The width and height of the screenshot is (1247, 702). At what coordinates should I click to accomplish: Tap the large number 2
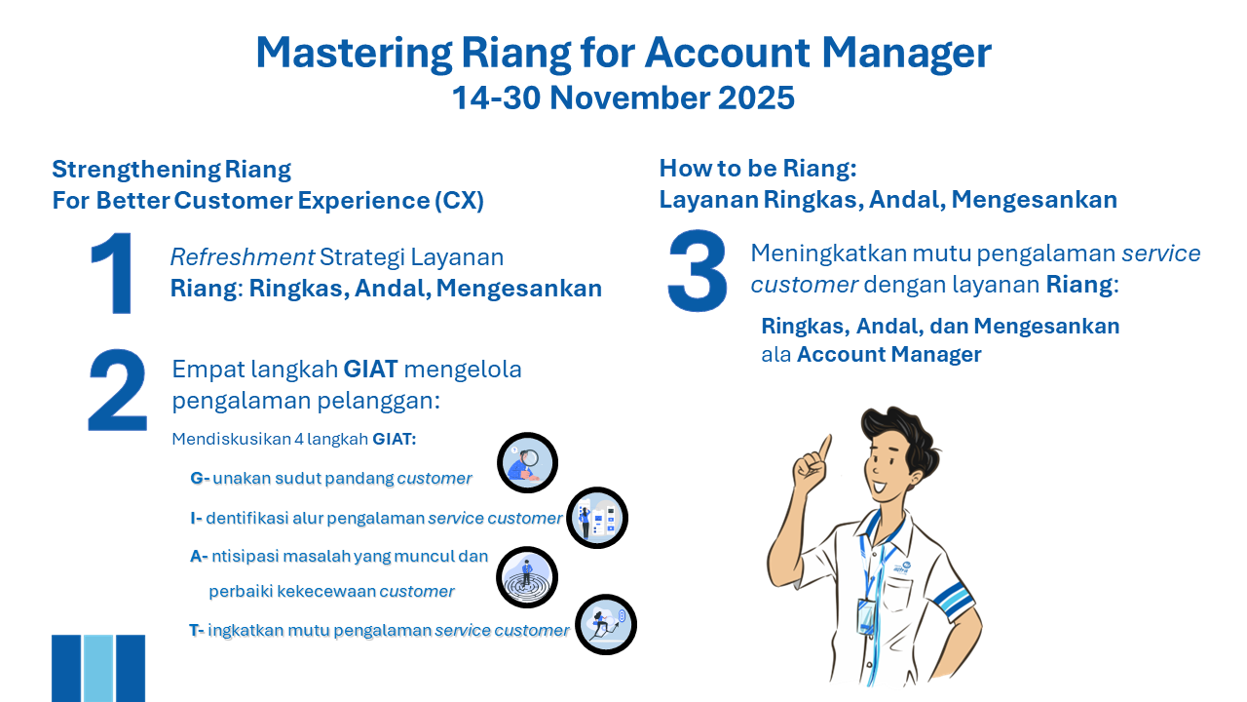click(x=117, y=391)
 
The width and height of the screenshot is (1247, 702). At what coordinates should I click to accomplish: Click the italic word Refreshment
click(x=242, y=257)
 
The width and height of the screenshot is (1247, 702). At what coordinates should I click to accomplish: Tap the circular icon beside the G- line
click(x=527, y=462)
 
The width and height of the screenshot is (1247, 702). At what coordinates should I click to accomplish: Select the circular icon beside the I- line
click(x=597, y=518)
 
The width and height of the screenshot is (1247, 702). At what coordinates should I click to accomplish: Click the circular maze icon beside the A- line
click(x=527, y=576)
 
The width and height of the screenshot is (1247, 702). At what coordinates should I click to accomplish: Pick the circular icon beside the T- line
click(x=606, y=624)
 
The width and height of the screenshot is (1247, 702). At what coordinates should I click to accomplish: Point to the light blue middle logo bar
click(x=98, y=668)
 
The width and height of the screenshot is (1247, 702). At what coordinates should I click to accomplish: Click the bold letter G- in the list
click(x=200, y=479)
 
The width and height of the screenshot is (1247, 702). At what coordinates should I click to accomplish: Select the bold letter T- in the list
click(x=197, y=630)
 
